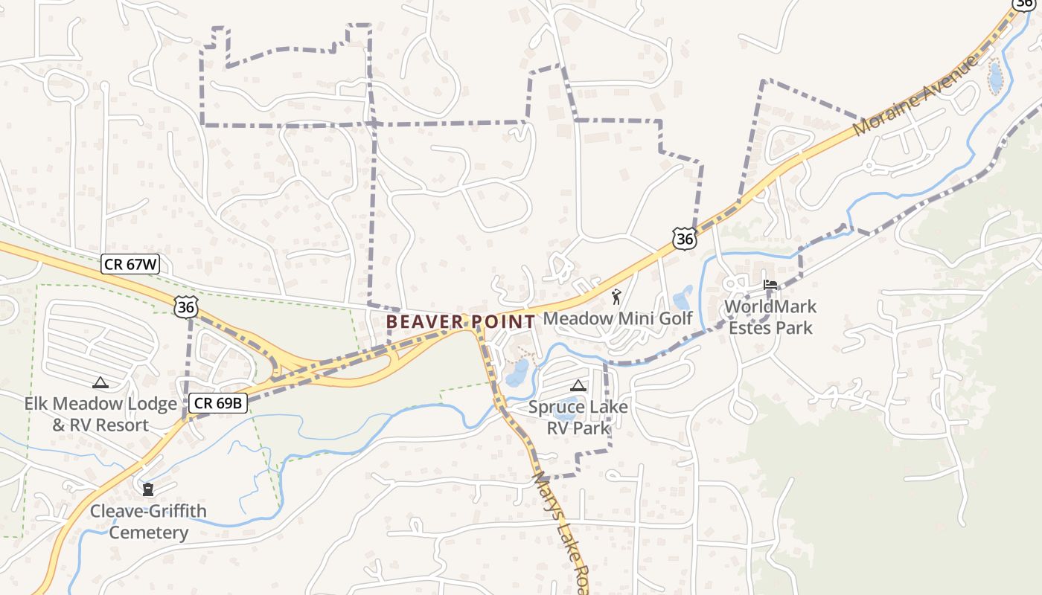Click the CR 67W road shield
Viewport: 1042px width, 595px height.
click(x=130, y=264)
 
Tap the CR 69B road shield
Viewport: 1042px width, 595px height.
click(x=217, y=403)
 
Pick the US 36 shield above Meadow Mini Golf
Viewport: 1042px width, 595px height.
click(x=683, y=239)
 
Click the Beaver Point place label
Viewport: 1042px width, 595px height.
click(x=461, y=322)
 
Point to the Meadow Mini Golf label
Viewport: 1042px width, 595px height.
click(x=618, y=318)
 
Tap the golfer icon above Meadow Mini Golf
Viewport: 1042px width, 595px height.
click(x=616, y=297)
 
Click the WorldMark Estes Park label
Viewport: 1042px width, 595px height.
click(x=770, y=317)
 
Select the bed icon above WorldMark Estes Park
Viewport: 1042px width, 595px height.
click(x=770, y=285)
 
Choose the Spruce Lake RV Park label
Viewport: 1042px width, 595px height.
click(x=578, y=417)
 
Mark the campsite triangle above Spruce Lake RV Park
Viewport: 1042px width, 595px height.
click(x=578, y=385)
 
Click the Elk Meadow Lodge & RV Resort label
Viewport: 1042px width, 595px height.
click(x=100, y=414)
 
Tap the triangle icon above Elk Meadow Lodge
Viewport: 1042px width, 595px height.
click(x=100, y=382)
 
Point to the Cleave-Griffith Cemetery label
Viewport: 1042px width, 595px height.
click(x=149, y=521)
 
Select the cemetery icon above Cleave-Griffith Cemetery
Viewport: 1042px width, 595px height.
click(x=148, y=489)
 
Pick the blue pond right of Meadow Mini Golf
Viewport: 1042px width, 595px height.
click(x=683, y=297)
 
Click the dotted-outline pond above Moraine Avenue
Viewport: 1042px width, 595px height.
click(x=995, y=77)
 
